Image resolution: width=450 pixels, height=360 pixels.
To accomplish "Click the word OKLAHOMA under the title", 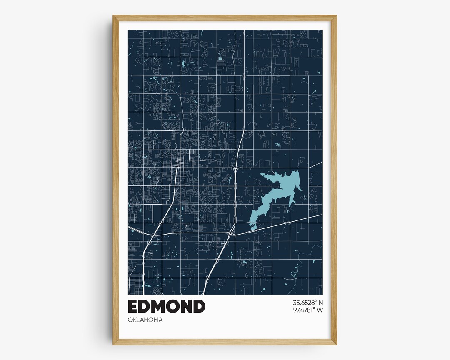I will [x=145, y=320].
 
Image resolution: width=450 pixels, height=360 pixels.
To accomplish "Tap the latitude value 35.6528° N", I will [x=302, y=302].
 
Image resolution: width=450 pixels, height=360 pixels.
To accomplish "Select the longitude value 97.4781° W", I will [x=302, y=310].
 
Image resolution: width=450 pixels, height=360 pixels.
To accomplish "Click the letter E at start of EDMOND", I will [x=134, y=306].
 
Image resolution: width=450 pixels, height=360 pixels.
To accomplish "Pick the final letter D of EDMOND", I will [x=199, y=306].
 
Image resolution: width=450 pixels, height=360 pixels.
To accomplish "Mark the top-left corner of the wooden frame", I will [x=113, y=16].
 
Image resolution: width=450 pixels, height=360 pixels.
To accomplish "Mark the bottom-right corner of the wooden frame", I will [x=336, y=344].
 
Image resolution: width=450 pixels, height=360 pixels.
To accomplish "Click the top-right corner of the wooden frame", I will [x=336, y=16].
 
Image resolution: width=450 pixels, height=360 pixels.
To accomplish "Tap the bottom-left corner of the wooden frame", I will [x=113, y=344].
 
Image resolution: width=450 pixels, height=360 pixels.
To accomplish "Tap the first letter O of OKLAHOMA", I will [x=130, y=320].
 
